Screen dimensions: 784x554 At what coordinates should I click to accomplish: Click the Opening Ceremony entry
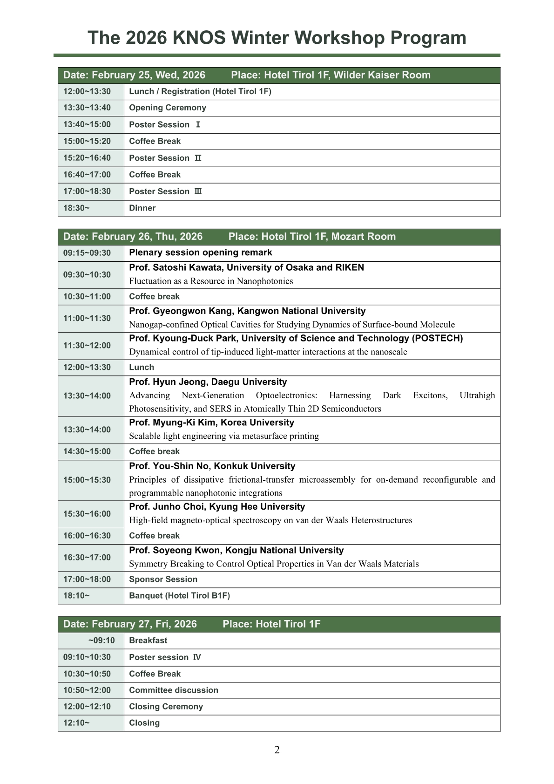pos(168,108)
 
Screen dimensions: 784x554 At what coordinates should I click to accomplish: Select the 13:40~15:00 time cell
pos(87,124)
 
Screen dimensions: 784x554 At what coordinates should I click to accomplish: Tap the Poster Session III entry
pos(165,191)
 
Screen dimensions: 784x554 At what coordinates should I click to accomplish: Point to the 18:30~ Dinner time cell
pos(77,208)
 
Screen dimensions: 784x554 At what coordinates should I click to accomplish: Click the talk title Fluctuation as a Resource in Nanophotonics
pos(211,281)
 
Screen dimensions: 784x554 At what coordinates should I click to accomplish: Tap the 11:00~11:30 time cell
pos(87,318)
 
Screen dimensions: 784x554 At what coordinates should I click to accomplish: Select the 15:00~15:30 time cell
pos(87,480)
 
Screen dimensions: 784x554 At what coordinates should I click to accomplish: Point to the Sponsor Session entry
pos(163,579)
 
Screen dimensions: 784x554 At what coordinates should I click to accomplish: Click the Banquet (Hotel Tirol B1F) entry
pos(179,596)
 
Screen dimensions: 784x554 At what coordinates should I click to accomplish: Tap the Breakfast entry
pos(148,641)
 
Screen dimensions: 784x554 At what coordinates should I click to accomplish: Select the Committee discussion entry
pos(174,690)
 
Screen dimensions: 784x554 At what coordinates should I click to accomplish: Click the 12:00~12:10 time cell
pos(87,707)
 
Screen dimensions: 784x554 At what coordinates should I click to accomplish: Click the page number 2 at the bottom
pos(277,750)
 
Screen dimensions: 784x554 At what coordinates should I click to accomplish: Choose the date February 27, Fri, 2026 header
pos(130,624)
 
